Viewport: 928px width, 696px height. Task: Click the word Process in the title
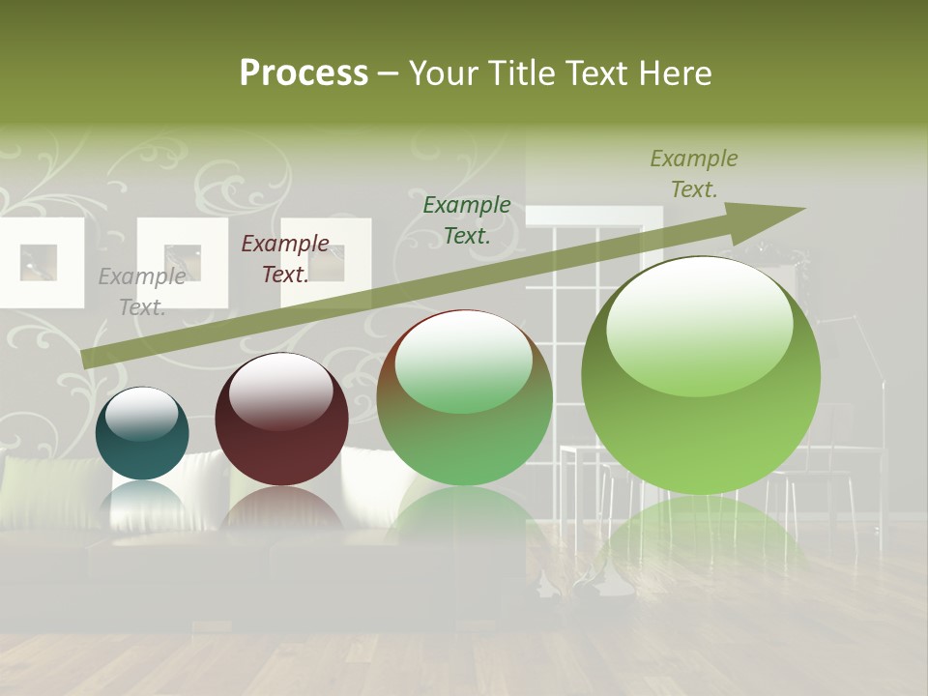[x=304, y=73]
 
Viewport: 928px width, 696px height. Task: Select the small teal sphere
[x=142, y=433]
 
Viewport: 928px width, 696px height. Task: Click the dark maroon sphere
[x=281, y=419]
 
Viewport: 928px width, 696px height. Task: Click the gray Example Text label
[x=142, y=292]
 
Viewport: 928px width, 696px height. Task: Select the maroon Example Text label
[x=285, y=259]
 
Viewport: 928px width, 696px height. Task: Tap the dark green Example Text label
[x=467, y=219]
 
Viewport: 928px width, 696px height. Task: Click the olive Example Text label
[x=694, y=174]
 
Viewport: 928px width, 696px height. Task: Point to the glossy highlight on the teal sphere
[x=141, y=414]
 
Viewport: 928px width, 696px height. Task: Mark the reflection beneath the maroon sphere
[x=280, y=512]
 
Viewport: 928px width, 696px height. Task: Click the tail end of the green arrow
[x=87, y=359]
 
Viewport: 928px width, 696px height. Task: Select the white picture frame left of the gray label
[x=40, y=262]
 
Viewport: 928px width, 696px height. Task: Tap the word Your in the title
[x=443, y=73]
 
